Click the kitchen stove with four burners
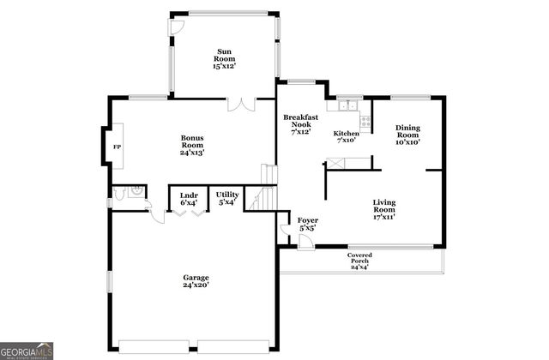click(365, 122)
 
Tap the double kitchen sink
click(347, 106)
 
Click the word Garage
click(196, 278)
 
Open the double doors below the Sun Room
click(242, 105)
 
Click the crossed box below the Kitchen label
click(359, 161)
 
